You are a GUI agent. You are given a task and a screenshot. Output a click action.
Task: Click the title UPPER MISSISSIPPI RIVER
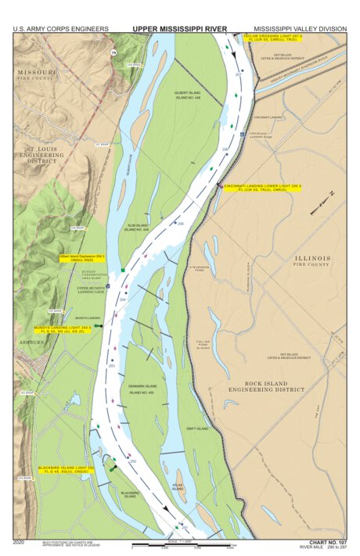click(x=179, y=28)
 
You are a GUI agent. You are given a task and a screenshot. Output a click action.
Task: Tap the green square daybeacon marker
click(x=123, y=271)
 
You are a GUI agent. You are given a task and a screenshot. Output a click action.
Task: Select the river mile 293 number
click(x=112, y=365)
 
